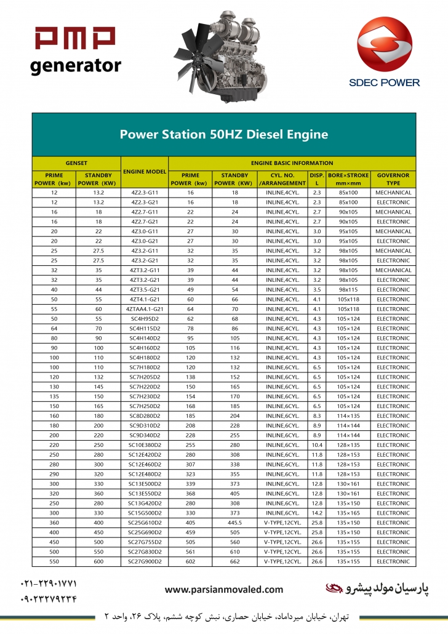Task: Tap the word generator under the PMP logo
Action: [x=76, y=65]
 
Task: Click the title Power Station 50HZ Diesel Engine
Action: [x=223, y=134]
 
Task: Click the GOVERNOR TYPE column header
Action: [x=393, y=179]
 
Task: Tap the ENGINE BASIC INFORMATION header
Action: [x=292, y=163]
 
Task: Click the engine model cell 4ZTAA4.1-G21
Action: [x=145, y=309]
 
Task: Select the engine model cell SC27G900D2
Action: [x=145, y=561]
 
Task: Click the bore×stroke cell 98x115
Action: [x=348, y=289]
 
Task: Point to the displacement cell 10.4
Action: [x=317, y=445]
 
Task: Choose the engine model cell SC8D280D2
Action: [x=145, y=415]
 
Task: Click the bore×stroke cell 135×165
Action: [x=348, y=513]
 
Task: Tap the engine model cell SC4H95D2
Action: [x=145, y=319]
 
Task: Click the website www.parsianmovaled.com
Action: [x=224, y=590]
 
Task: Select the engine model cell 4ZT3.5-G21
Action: [x=145, y=289]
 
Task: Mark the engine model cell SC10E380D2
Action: [x=145, y=445]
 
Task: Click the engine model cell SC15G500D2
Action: [x=145, y=513]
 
